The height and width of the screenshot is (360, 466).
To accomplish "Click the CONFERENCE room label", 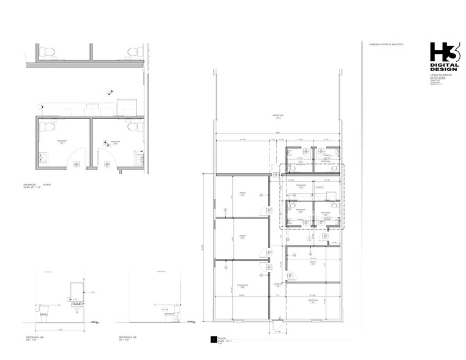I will [x=241, y=285].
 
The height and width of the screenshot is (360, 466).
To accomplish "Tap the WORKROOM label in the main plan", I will [x=300, y=185].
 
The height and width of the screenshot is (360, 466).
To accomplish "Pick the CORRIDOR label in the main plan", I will [x=277, y=284].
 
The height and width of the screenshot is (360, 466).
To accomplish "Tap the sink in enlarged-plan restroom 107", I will [x=43, y=158].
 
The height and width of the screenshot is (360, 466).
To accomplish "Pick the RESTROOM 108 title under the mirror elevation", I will [x=47, y=337].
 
